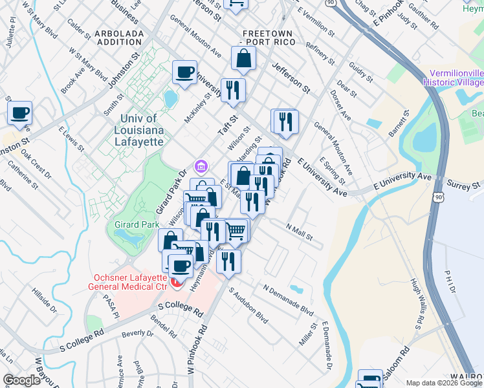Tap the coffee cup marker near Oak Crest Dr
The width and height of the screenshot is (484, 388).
tap(19, 113)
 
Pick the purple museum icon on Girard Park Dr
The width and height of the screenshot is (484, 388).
tap(201, 167)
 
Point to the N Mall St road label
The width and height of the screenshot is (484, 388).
tap(300, 232)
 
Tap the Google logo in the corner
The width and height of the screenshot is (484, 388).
tap(21, 380)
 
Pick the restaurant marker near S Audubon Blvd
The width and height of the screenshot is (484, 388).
tap(228, 261)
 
